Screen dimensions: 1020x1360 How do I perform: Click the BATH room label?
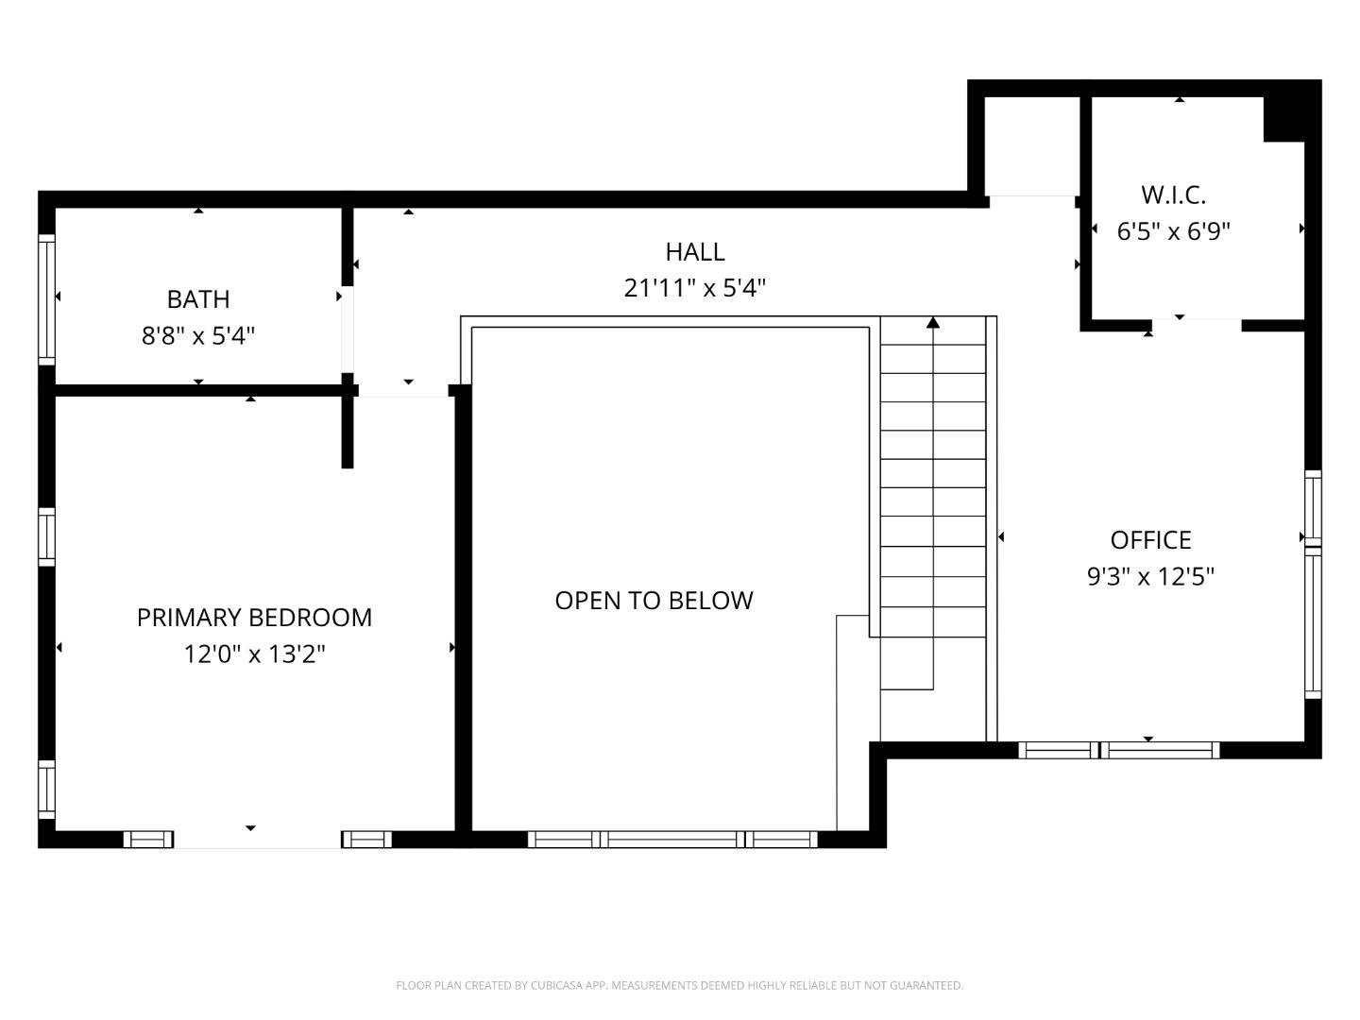(198, 299)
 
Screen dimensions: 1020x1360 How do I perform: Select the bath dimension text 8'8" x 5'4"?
(198, 335)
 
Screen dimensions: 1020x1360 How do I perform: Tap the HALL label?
(695, 252)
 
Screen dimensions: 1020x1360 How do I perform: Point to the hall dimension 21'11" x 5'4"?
(695, 288)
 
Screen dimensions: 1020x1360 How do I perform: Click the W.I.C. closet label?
(1173, 195)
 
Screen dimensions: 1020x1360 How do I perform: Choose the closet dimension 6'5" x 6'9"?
(1173, 231)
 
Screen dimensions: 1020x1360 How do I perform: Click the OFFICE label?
(1150, 540)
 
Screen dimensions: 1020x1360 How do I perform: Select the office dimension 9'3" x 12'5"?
(1150, 576)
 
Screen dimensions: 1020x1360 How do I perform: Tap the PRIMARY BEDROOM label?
(254, 618)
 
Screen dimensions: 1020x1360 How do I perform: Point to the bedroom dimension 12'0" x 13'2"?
(254, 654)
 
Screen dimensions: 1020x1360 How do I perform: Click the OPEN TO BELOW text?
(654, 601)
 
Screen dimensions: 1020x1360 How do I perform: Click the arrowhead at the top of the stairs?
(933, 323)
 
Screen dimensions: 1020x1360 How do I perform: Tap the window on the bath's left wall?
(46, 298)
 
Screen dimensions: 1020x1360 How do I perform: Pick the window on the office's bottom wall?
(1119, 751)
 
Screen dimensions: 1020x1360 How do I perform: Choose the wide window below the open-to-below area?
(672, 840)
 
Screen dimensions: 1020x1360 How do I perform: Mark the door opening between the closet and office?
(1196, 326)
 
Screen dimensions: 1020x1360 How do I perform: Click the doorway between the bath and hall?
(348, 329)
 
